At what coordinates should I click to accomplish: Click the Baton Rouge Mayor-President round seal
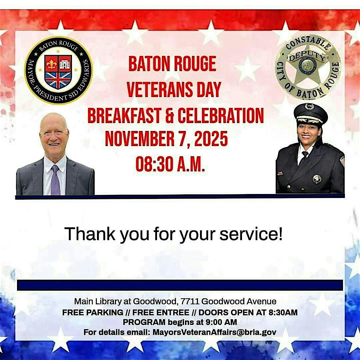[x=59, y=71]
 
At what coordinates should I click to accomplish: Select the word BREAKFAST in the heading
[x=126, y=116]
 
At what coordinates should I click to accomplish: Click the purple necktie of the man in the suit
[x=55, y=180]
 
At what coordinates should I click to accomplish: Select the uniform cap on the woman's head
[x=311, y=113]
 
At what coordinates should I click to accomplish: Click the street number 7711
[x=190, y=302]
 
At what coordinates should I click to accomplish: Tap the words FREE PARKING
[x=93, y=313]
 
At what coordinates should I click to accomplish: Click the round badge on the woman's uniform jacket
[x=317, y=179]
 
